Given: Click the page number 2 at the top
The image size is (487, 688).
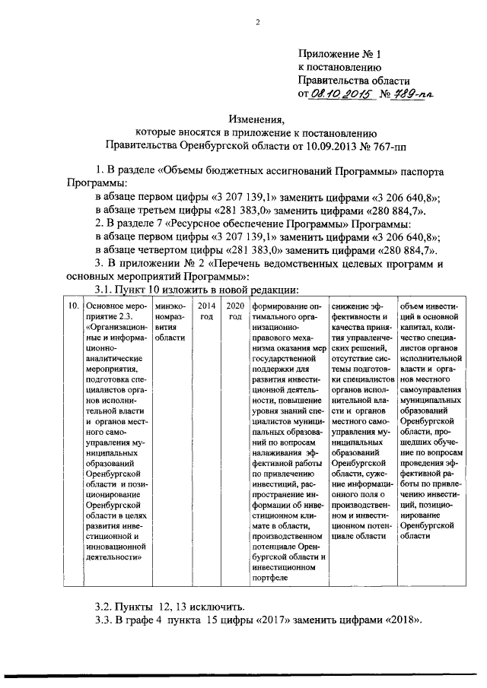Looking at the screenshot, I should point(257,21).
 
